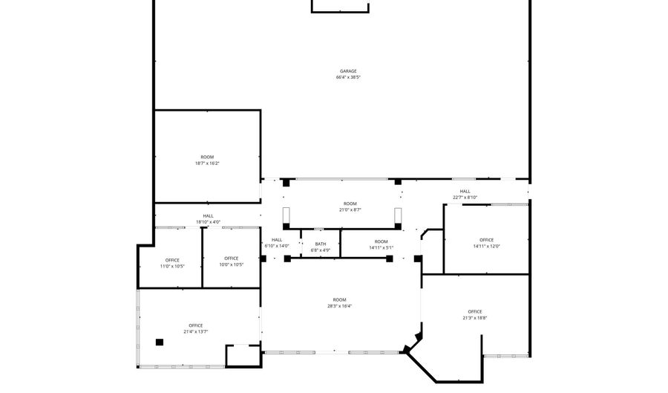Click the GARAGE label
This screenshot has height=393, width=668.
pyautogui.click(x=348, y=71)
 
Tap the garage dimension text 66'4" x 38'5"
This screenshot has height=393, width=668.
pyautogui.click(x=348, y=77)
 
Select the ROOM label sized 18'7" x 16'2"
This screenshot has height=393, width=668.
pyautogui.click(x=207, y=157)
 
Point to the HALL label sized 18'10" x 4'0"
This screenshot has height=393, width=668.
pyautogui.click(x=208, y=215)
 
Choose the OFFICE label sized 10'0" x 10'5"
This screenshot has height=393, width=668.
pyautogui.click(x=232, y=259)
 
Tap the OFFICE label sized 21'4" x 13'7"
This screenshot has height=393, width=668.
pyautogui.click(x=196, y=325)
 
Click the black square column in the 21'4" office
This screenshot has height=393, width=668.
pyautogui.click(x=159, y=342)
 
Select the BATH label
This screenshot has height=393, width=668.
pyautogui.click(x=321, y=244)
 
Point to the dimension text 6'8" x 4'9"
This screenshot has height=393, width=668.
pyautogui.click(x=321, y=250)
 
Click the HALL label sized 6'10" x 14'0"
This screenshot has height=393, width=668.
pyautogui.click(x=276, y=239)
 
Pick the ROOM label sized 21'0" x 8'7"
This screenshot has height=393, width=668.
pyautogui.click(x=350, y=204)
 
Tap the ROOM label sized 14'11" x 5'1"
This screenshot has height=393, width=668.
pyautogui.click(x=381, y=241)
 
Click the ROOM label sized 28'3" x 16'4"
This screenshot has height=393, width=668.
pyautogui.click(x=340, y=299)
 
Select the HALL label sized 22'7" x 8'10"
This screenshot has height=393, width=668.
pyautogui.click(x=465, y=191)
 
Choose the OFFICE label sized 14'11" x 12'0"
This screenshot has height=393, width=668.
pyautogui.click(x=486, y=240)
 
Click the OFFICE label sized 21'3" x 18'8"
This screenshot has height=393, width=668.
pyautogui.click(x=475, y=311)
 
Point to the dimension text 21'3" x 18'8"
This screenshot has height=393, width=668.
pyautogui.click(x=475, y=318)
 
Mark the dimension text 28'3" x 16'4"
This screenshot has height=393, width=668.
pyautogui.click(x=340, y=306)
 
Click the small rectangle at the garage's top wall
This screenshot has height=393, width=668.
pyautogui.click(x=340, y=6)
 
